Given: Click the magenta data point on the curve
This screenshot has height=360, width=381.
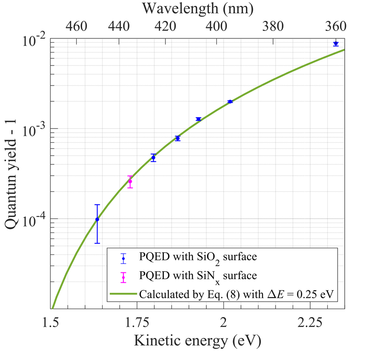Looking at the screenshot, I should [x=130, y=181].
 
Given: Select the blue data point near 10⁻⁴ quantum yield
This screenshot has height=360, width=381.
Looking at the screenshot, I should [x=97, y=219].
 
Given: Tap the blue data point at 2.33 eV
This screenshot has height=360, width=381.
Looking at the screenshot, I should [x=336, y=43].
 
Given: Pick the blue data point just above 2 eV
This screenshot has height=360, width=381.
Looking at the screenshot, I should [x=230, y=101].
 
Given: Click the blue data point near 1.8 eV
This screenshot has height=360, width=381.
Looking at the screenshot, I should [x=153, y=157].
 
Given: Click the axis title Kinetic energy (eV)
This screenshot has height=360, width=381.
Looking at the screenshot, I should [x=198, y=341].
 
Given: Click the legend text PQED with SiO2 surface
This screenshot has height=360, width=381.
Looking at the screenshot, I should [x=198, y=257].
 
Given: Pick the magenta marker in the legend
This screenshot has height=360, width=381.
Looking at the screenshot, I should [x=123, y=277].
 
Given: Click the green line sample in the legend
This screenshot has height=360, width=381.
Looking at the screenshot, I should [x=123, y=295].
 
